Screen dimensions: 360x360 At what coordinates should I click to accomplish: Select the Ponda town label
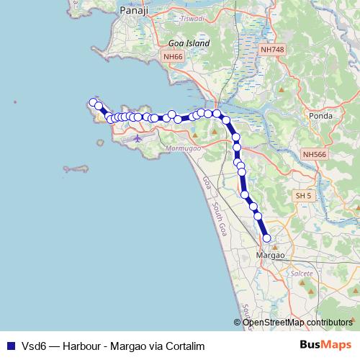click(x=319, y=115)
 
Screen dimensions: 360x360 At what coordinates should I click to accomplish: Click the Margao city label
click(x=271, y=255)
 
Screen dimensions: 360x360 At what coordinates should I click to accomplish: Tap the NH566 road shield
click(x=315, y=154)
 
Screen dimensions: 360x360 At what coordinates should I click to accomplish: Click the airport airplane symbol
click(x=138, y=138)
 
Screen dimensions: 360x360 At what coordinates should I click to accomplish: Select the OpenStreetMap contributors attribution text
click(x=297, y=322)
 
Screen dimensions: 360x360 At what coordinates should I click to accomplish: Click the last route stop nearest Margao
click(x=266, y=238)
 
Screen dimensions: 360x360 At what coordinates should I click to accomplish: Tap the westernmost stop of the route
click(x=91, y=102)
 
